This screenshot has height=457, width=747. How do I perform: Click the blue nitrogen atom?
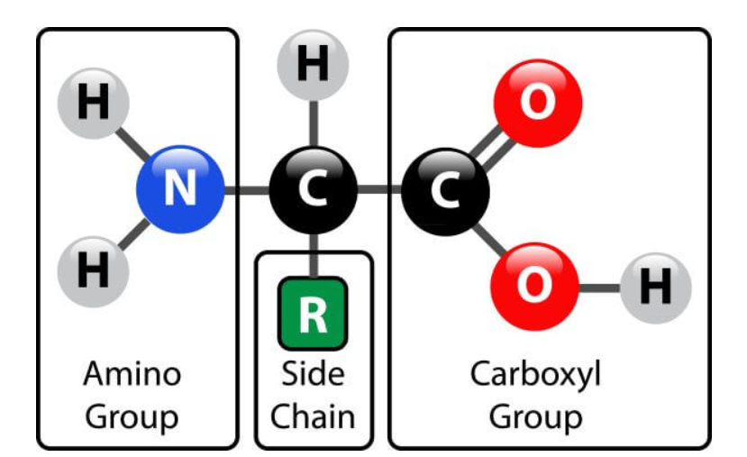[x=179, y=191]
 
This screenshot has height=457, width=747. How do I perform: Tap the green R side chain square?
[x=313, y=313]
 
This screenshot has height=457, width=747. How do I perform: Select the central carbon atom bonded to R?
[x=313, y=191]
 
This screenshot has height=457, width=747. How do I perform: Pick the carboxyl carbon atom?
[x=445, y=191]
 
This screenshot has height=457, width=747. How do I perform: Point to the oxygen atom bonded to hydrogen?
[x=535, y=287]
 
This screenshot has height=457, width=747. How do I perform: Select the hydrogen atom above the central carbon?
[x=313, y=67]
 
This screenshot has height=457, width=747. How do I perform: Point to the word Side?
[x=313, y=373]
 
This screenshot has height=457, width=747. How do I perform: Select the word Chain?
[x=313, y=416]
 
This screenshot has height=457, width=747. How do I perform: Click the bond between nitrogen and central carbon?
[x=246, y=191]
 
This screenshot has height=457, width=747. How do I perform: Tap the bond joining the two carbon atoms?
[x=378, y=191]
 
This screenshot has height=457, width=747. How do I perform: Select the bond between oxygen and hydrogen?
[x=600, y=288]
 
